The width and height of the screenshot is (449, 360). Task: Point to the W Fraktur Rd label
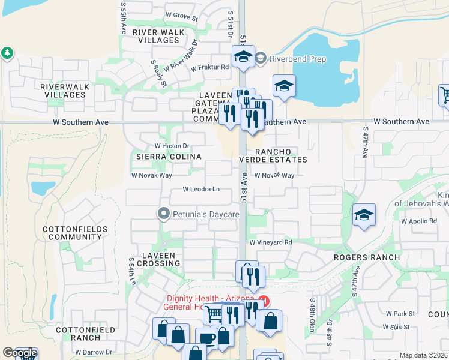point(210,67)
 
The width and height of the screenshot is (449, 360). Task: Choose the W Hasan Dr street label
point(172,146)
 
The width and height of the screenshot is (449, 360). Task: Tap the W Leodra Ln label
point(201,190)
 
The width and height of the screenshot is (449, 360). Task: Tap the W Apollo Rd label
point(420,221)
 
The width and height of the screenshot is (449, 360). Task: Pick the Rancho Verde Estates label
point(273,155)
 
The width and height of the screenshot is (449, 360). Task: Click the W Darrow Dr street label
point(92,352)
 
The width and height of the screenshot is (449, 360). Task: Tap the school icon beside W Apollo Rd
point(364,215)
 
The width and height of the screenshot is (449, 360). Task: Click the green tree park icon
point(7,53)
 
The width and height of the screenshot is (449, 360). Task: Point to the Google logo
point(19,353)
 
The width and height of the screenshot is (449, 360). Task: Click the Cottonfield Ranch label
point(77,334)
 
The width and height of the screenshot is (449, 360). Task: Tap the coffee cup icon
point(206,338)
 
